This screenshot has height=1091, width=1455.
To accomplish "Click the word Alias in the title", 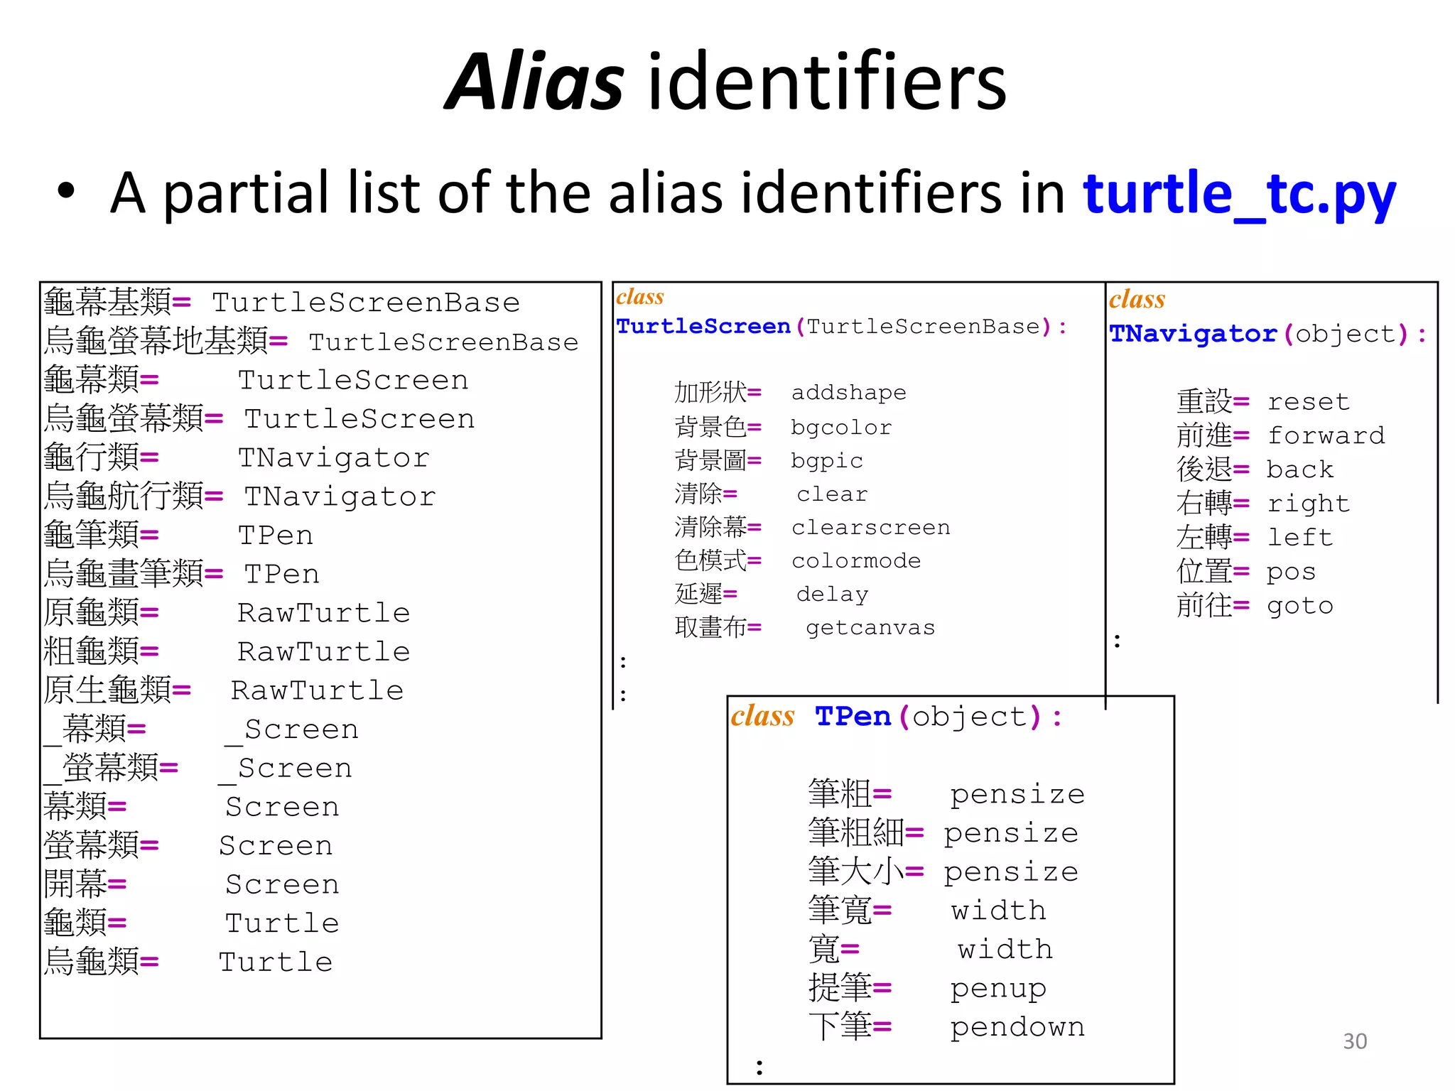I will (535, 82).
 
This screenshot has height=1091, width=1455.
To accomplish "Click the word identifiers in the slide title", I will (827, 82).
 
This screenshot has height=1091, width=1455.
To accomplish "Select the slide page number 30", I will (1354, 1041).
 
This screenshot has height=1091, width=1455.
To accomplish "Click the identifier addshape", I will (848, 393).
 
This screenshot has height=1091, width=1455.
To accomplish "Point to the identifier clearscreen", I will (870, 528).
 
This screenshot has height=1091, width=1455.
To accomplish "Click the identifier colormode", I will (855, 561).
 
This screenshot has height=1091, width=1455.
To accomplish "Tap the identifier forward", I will (1326, 435).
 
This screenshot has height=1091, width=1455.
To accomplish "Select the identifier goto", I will (1299, 606).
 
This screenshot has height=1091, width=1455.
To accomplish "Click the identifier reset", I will (1308, 402).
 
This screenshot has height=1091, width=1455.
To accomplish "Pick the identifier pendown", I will (1017, 1027).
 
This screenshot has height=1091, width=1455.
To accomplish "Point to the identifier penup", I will (997, 989).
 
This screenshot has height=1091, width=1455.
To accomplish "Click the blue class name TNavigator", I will (1193, 334).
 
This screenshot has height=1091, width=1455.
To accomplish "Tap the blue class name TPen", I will (853, 717).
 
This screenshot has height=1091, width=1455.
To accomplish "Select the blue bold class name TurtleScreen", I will (703, 327).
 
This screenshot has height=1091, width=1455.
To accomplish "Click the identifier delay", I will (832, 595).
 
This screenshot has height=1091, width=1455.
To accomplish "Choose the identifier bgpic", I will (826, 461).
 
